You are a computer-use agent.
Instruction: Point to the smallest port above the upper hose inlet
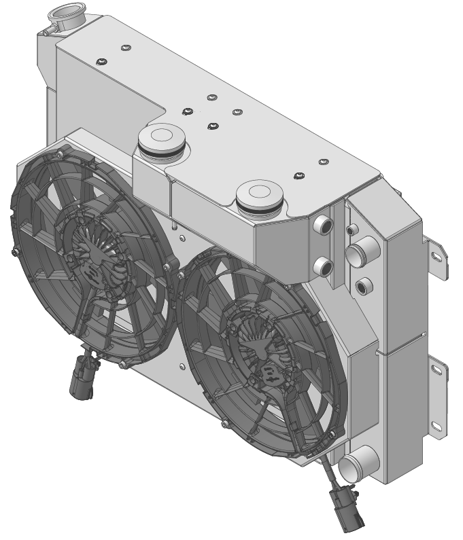coord(351,231)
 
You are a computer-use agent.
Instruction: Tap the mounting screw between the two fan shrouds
coord(179,274)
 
